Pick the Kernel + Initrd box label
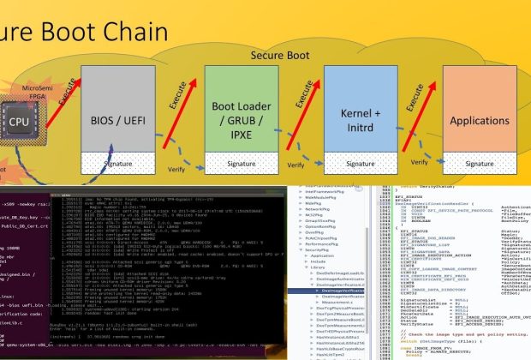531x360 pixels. [349, 119]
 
